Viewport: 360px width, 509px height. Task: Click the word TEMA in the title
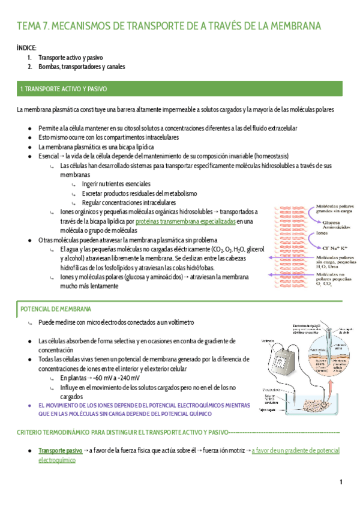pos(28,26)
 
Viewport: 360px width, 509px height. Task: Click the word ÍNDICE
pos(26,47)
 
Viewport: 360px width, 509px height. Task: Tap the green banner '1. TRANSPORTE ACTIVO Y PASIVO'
pos(64,89)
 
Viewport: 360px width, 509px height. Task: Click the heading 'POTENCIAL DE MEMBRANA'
pos(56,309)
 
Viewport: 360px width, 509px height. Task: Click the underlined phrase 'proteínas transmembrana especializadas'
pos(185,221)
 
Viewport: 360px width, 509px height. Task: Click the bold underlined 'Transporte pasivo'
pos(61,450)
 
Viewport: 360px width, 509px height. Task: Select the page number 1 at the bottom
pos(340,483)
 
